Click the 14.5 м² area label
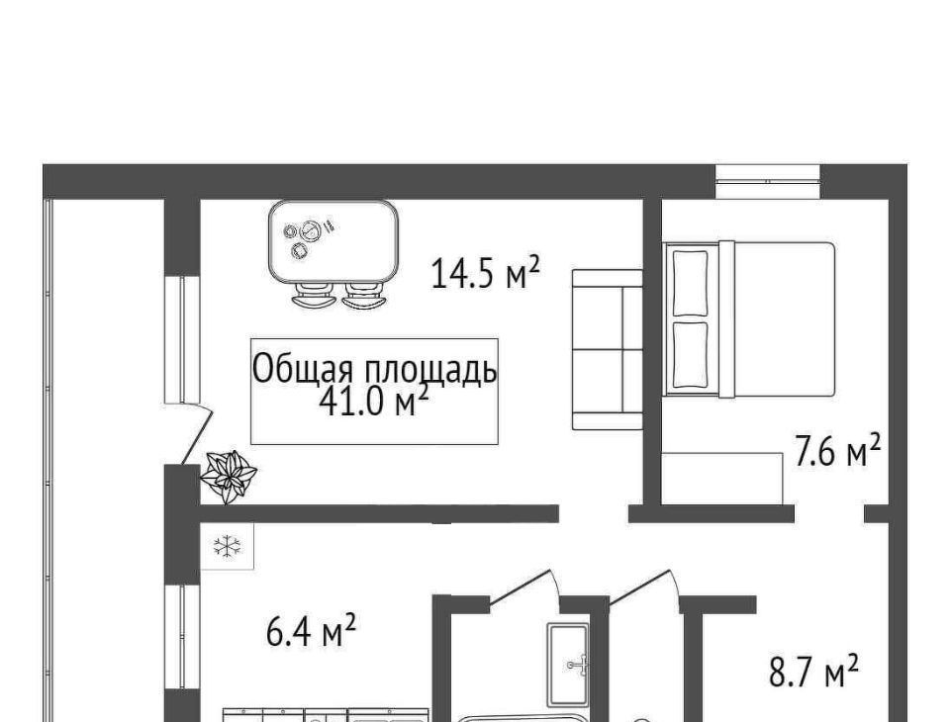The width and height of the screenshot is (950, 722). (485, 273)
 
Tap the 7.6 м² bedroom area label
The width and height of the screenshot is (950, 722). (837, 451)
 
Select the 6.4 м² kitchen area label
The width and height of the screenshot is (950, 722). (311, 630)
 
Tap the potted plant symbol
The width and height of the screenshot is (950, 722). (229, 477)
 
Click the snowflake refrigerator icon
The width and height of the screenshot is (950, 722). (228, 546)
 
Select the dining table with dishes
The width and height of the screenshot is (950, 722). (333, 241)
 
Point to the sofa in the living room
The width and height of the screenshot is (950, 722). (608, 349)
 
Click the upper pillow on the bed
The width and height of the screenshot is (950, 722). (690, 283)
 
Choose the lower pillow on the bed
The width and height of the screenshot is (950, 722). (690, 355)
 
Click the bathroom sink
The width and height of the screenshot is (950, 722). (568, 665)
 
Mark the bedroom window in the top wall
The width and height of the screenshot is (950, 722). (768, 181)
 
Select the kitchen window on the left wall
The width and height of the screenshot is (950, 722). (182, 637)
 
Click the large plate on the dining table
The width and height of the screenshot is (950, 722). (312, 230)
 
